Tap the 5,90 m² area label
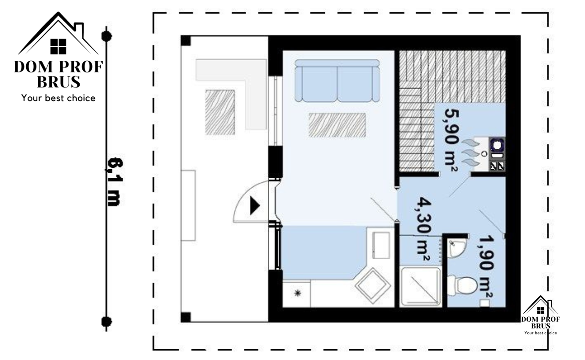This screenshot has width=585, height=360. (451, 140)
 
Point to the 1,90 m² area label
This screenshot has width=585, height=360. (486, 267)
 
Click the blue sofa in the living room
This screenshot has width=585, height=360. (337, 81)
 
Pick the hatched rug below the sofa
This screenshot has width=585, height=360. (337, 125)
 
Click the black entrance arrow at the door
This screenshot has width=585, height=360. (255, 206)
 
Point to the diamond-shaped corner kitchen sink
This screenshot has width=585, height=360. (373, 286)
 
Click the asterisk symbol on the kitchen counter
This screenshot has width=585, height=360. (297, 293)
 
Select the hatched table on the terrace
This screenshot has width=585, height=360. (220, 112)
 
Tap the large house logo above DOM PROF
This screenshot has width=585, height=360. (58, 33)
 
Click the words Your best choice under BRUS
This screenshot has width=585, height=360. (58, 98)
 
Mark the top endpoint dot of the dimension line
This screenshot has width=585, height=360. (106, 36)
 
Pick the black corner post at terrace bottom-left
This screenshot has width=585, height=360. (186, 317)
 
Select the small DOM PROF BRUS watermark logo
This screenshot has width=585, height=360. (540, 315)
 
